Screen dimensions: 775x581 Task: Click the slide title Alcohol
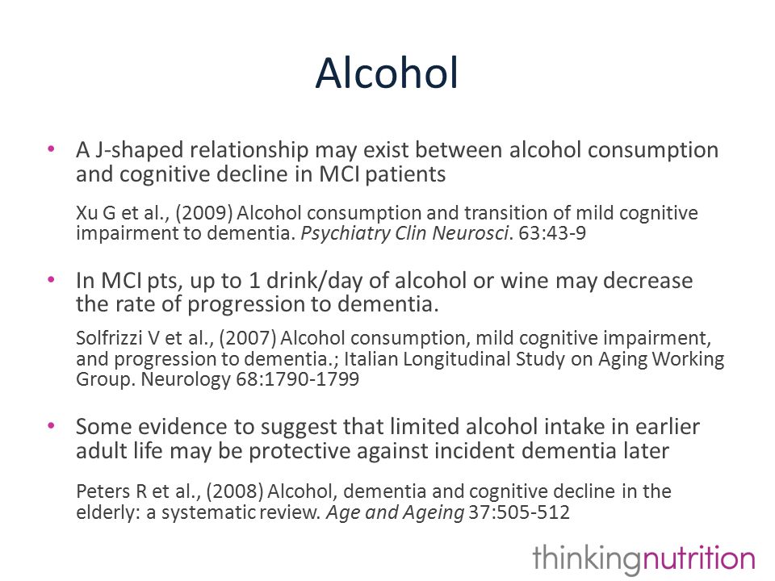pyautogui.click(x=387, y=73)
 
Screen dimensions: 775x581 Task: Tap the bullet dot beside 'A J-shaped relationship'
pyautogui.click(x=51, y=148)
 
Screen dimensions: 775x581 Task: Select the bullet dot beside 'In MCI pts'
pyautogui.click(x=51, y=279)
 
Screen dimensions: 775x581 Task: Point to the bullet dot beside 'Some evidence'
pyautogui.click(x=51, y=425)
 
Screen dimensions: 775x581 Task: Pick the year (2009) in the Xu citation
pyautogui.click(x=204, y=213)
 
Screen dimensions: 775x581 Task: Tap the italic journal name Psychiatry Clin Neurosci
pyautogui.click(x=404, y=233)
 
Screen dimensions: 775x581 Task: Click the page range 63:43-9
pyautogui.click(x=552, y=232)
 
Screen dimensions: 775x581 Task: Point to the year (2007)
pyautogui.click(x=248, y=338)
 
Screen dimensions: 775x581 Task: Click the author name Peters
pyautogui.click(x=103, y=491)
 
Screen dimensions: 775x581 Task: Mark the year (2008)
pyautogui.click(x=235, y=491)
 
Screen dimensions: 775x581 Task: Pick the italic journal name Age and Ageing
pyautogui.click(x=395, y=512)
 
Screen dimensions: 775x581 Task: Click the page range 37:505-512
pyautogui.click(x=519, y=512)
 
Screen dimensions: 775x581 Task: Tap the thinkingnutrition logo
pyautogui.click(x=644, y=558)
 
